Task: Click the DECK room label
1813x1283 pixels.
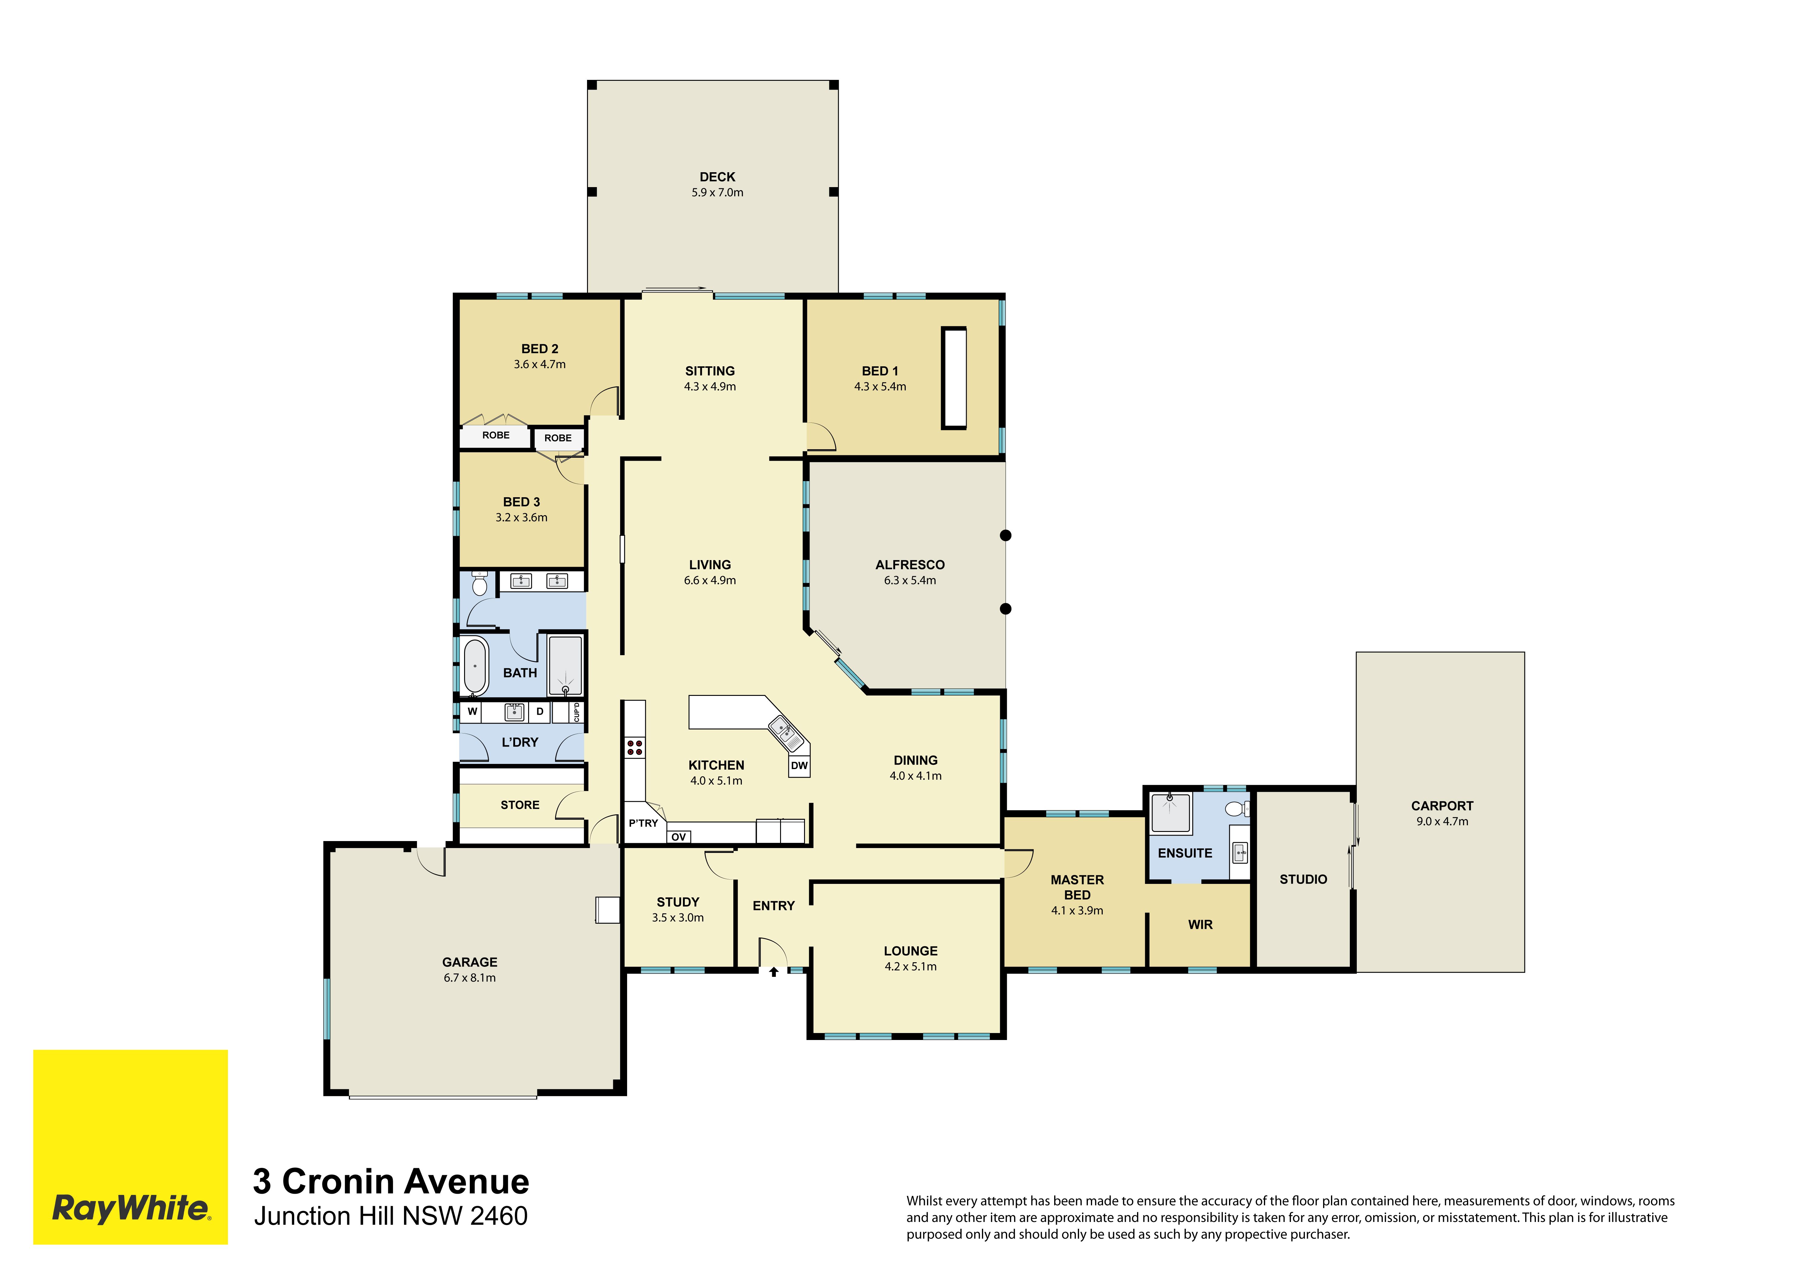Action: pos(717,177)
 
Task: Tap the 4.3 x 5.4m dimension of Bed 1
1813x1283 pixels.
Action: pos(880,386)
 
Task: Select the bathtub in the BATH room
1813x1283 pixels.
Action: pos(474,666)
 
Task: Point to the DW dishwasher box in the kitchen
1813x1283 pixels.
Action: pos(799,765)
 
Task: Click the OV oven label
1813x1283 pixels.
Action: pos(678,837)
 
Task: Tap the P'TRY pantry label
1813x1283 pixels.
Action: pos(643,823)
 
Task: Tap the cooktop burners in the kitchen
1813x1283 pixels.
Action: pos(634,748)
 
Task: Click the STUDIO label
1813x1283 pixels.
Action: pos(1303,879)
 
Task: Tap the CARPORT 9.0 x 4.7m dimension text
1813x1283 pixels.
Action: pos(1442,822)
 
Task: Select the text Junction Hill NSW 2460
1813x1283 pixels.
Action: pos(391,1216)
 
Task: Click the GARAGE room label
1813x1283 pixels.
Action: pos(470,962)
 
